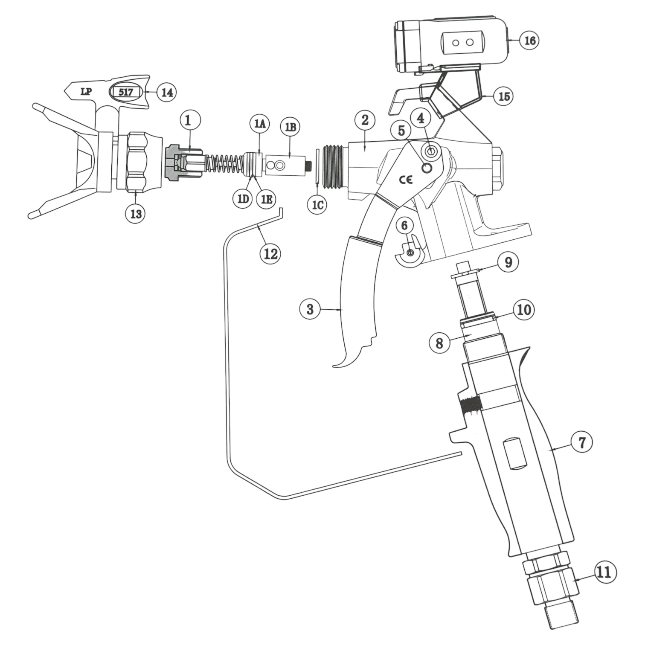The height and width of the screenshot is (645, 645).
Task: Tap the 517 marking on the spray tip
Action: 126,92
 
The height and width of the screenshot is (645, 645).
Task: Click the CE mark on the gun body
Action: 406,180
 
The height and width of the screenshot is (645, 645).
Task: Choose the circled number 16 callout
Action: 529,41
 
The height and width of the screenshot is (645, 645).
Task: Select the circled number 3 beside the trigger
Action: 310,309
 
